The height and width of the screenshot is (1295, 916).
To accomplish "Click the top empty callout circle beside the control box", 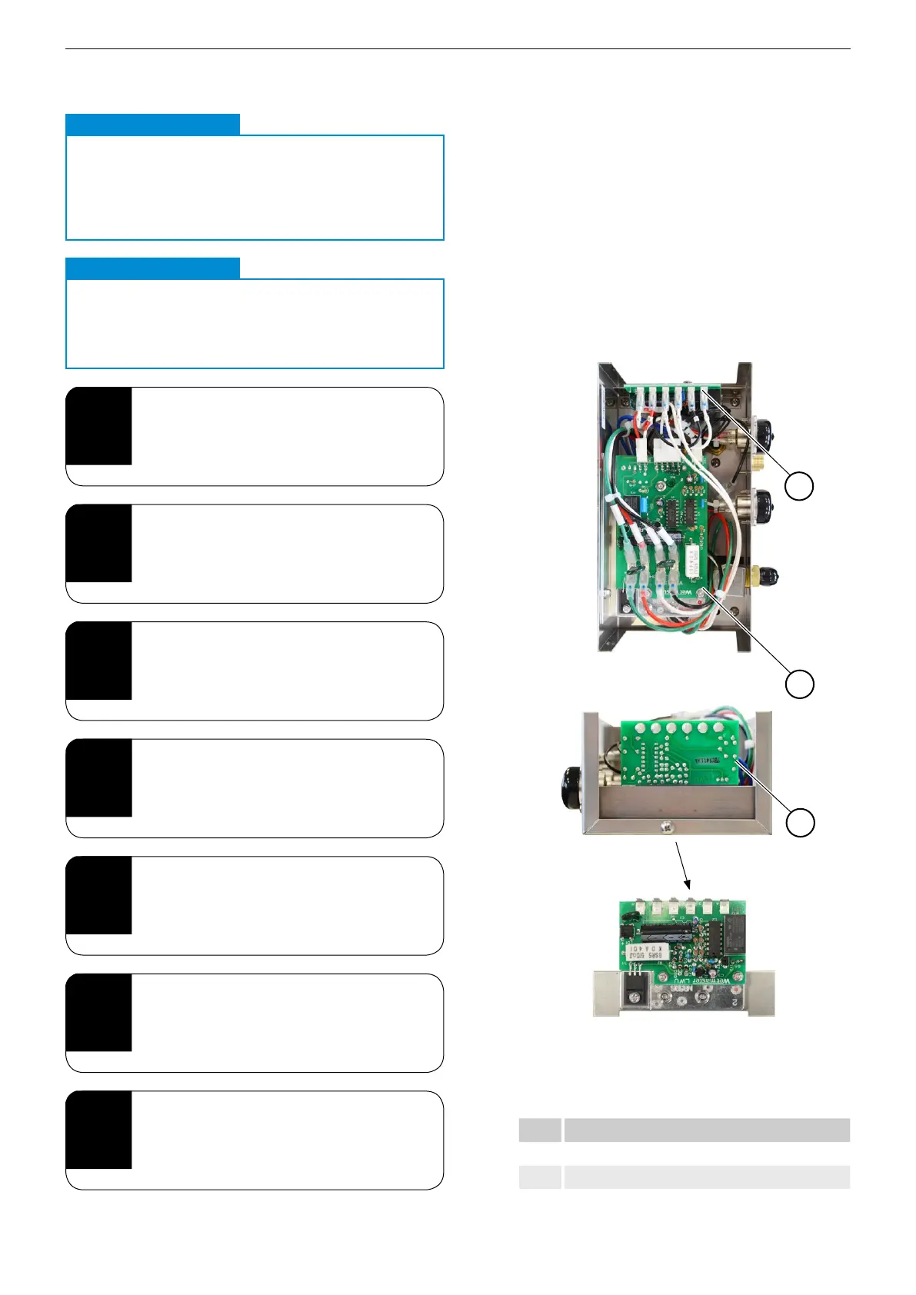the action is [x=799, y=486].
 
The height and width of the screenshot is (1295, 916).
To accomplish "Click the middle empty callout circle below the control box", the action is [x=799, y=684].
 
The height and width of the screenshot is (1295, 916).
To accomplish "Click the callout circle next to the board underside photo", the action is [x=799, y=822].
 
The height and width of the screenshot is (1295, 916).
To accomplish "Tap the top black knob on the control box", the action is [x=766, y=431].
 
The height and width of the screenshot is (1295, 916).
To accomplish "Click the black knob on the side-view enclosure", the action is [x=572, y=787].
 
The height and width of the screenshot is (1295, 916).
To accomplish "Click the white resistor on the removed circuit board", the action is [x=651, y=954].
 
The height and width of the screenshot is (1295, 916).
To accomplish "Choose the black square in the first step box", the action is [x=98, y=426].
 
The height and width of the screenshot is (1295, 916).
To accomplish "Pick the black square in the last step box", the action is [x=98, y=1130].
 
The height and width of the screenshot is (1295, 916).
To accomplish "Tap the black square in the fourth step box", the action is [x=98, y=777].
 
